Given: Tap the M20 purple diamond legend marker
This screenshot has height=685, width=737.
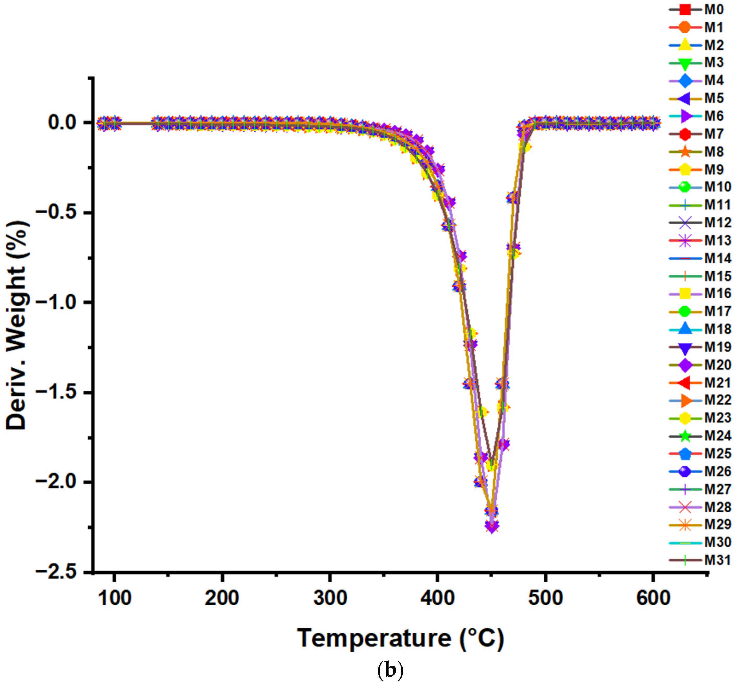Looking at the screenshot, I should click(685, 365).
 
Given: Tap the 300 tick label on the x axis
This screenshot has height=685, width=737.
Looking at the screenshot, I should click(330, 598).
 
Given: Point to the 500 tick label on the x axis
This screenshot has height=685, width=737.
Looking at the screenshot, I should click(545, 598).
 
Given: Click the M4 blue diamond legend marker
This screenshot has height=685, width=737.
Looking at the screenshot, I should click(685, 80).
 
